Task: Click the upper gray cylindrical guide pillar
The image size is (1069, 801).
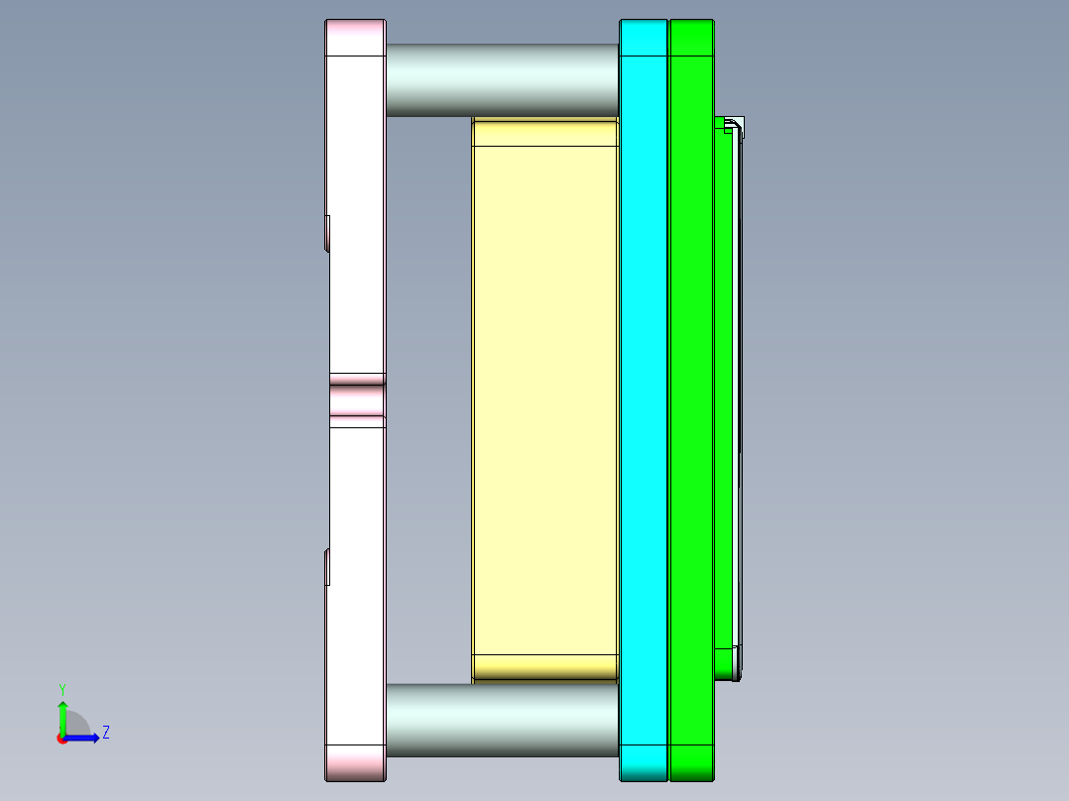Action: [x=502, y=79]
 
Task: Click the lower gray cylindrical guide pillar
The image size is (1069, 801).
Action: [x=502, y=720]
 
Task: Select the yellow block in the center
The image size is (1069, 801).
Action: [x=545, y=397]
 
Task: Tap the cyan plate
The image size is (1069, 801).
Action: [x=644, y=397]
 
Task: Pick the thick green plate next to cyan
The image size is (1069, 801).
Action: [x=691, y=397]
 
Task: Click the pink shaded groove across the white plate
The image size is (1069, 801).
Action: [x=357, y=400]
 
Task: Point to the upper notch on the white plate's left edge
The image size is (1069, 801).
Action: [x=327, y=232]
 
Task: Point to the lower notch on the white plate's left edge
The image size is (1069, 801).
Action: [x=327, y=566]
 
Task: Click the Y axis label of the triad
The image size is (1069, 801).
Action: [x=61, y=688]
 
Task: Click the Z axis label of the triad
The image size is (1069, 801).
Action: [x=105, y=733]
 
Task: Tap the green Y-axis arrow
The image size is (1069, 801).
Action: [x=61, y=716]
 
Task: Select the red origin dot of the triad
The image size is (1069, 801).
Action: [x=61, y=739]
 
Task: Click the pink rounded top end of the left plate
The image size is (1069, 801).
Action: [x=355, y=38]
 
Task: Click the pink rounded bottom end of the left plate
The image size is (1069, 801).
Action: [x=355, y=762]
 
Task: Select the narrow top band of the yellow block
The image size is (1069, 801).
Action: [x=545, y=133]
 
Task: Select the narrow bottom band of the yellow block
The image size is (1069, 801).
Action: [x=545, y=667]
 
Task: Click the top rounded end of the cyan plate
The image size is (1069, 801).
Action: [x=644, y=38]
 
